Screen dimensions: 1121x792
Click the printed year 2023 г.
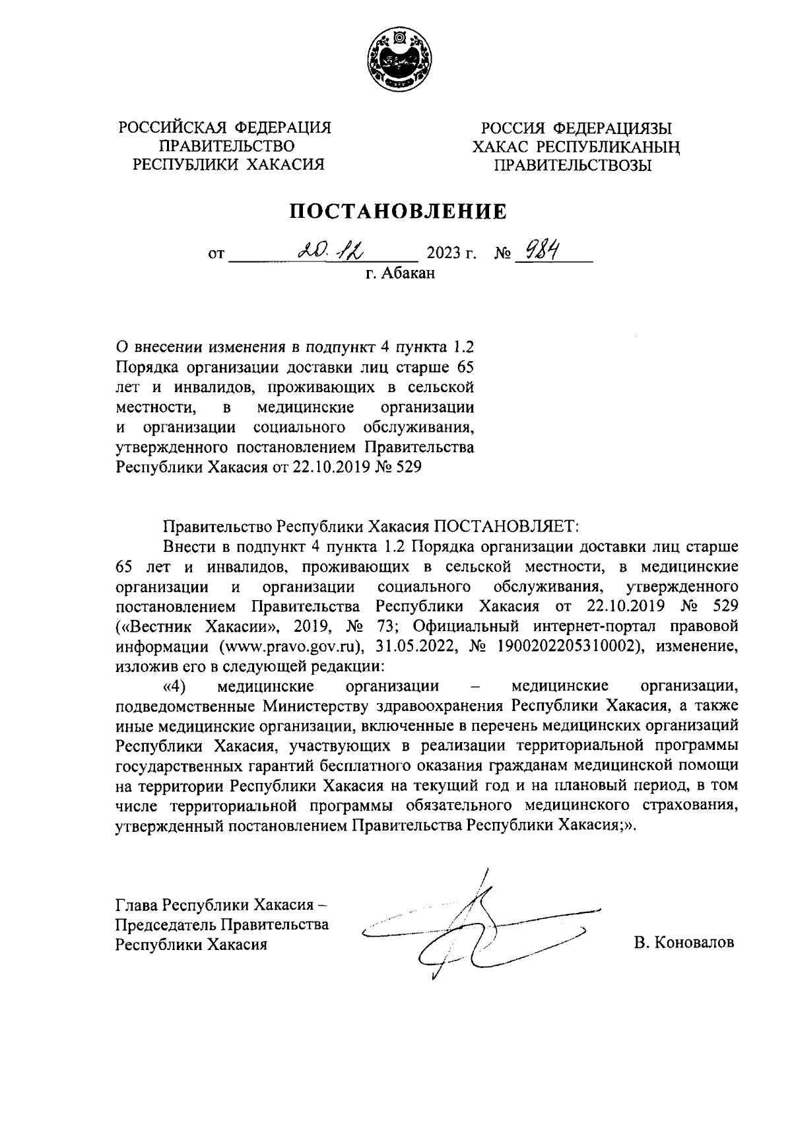pos(451,254)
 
